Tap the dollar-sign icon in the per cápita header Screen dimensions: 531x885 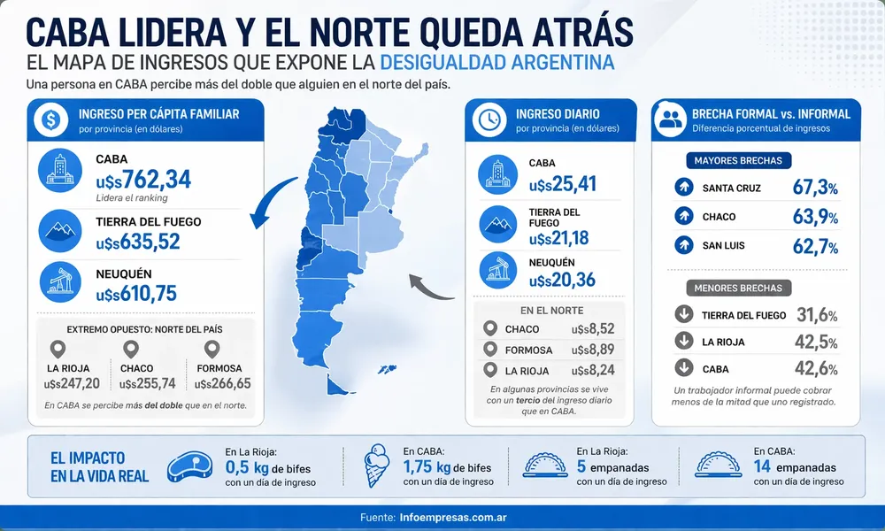tap(51, 120)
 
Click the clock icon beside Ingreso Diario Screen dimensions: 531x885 tap(489, 120)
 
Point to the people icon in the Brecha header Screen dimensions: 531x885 tap(672, 120)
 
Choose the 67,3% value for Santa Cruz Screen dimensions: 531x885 tap(815, 188)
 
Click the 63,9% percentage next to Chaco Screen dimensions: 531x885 tap(815, 217)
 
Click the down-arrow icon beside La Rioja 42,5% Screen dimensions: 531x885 tap(683, 342)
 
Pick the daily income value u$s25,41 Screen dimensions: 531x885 tap(562, 185)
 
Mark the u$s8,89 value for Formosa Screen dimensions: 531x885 tap(593, 350)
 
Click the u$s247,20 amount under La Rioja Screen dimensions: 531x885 tap(72, 383)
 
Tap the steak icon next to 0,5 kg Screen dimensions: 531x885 tap(193, 466)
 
